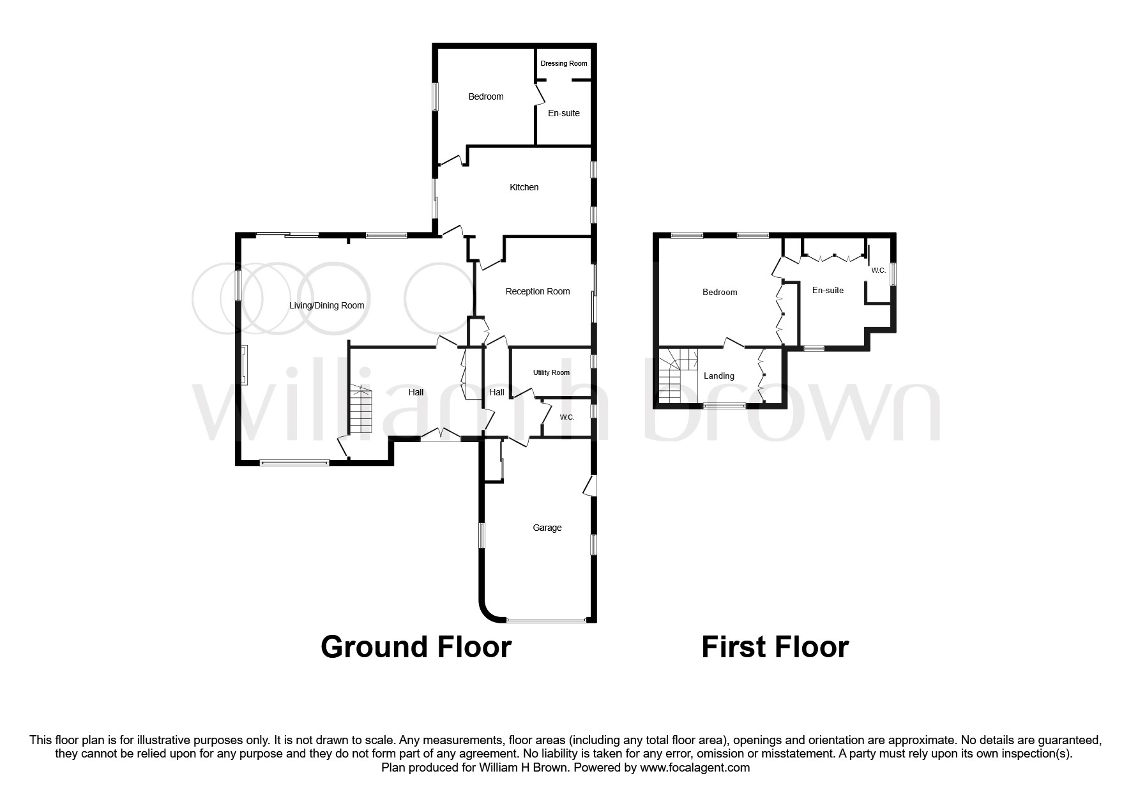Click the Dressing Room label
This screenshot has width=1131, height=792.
(563, 63)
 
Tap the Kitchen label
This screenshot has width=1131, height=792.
(524, 187)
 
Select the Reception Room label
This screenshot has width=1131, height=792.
(537, 291)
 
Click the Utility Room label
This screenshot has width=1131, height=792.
(551, 372)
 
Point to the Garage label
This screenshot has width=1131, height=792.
(547, 528)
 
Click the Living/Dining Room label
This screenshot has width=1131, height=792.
(326, 305)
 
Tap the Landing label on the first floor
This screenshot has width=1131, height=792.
(718, 376)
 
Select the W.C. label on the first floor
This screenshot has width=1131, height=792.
(878, 271)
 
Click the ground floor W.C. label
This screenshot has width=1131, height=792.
(566, 417)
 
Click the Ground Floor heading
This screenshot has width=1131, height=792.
(416, 646)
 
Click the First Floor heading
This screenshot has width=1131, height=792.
(775, 646)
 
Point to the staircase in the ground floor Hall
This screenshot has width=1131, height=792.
(361, 409)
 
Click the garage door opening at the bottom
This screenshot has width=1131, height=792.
(546, 620)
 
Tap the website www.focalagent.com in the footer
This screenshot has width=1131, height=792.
(695, 768)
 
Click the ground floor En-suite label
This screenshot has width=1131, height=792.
(563, 113)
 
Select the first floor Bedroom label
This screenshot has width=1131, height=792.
(719, 292)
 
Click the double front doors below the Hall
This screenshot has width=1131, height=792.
(441, 436)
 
